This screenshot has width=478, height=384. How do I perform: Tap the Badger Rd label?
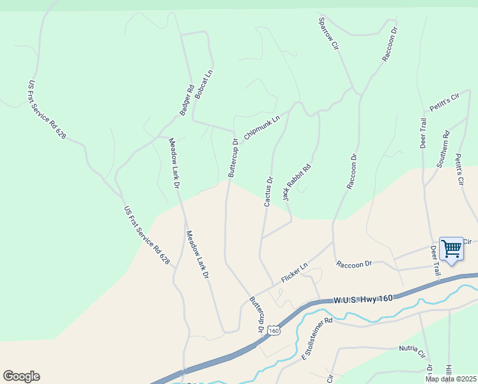pos(186,100)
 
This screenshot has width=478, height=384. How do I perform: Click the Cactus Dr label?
pos(268,191)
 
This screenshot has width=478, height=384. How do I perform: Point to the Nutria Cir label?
pos(412,351)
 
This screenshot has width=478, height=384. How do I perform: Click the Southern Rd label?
pos(443,149)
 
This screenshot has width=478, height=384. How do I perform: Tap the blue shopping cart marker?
pos(452,249)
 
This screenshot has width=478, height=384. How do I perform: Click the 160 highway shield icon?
pos(274,330)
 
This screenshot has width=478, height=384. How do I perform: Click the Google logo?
pos(21,376)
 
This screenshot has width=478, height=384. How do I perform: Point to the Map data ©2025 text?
pos(451,379)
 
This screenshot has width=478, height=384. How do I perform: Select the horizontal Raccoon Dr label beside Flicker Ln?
pos(354,264)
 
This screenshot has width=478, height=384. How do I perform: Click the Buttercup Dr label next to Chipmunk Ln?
pos(233,157)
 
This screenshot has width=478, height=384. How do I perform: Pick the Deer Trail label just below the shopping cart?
pos(436,261)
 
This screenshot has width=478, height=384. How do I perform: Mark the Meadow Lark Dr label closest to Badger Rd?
pos(174,163)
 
